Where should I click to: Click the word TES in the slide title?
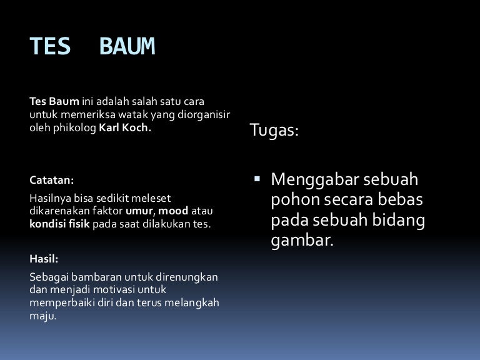pyautogui.click(x=50, y=46)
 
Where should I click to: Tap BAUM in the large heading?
pyautogui.click(x=127, y=46)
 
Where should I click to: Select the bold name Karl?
pyautogui.click(x=109, y=127)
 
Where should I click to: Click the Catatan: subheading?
pyautogui.click(x=52, y=180)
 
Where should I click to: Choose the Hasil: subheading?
pyautogui.click(x=44, y=259)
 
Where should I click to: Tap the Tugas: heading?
pyautogui.click(x=274, y=130)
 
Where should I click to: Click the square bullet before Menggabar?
pyautogui.click(x=257, y=179)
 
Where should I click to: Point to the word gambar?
pyautogui.click(x=302, y=241)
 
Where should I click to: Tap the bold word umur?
pyautogui.click(x=140, y=211)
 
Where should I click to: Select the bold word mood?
pyautogui.click(x=173, y=211)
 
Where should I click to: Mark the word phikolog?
pyautogui.click(x=75, y=128)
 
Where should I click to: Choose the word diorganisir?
pyautogui.click(x=204, y=115)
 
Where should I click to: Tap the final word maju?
pyautogui.click(x=43, y=316)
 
